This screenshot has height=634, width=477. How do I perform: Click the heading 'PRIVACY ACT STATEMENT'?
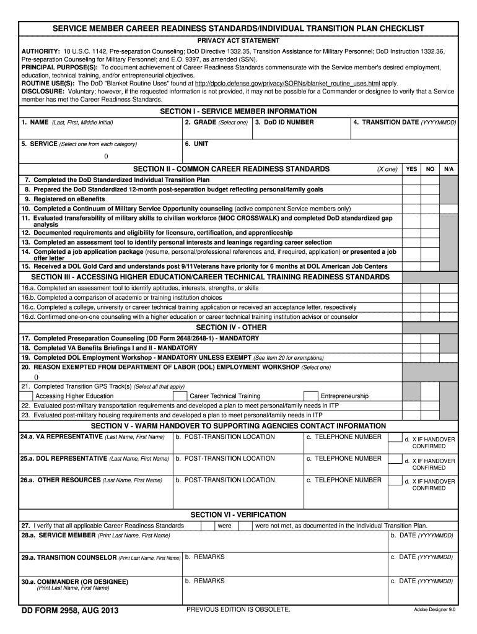[239, 40]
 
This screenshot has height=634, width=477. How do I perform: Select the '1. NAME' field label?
[67, 123]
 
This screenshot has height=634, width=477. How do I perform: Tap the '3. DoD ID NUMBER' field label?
[284, 123]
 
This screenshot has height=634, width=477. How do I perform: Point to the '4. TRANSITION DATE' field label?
[405, 123]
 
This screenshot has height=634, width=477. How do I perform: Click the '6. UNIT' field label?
[196, 144]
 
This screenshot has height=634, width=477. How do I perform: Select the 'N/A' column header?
[449, 169]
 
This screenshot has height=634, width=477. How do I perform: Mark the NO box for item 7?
[429, 180]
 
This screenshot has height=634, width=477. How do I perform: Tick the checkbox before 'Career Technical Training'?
[179, 396]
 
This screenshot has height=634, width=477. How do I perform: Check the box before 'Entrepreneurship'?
[310, 396]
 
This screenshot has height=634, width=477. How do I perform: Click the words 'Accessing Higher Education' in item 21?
[74, 396]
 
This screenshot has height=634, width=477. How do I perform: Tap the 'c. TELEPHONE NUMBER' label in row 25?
[344, 459]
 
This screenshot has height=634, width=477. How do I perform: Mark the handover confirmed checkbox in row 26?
[395, 481]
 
